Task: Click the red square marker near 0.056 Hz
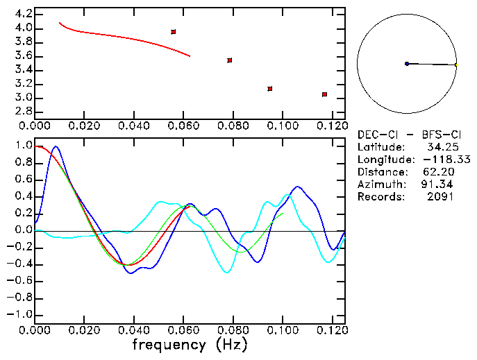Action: click(x=174, y=32)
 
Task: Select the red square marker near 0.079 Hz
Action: click(x=230, y=60)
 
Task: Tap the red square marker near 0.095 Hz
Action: click(x=269, y=89)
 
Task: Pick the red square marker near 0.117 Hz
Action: click(x=324, y=94)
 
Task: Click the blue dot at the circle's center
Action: click(x=407, y=64)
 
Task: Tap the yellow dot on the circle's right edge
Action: click(x=456, y=65)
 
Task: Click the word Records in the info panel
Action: click(x=378, y=197)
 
